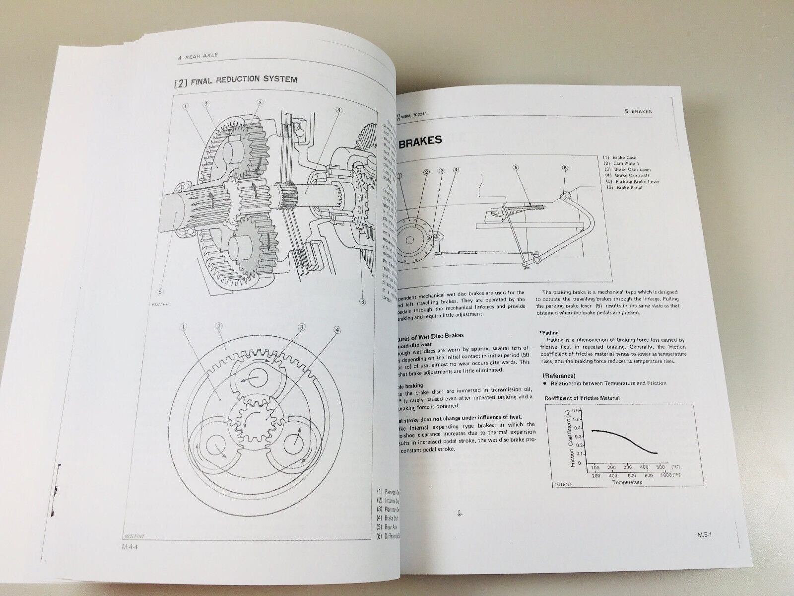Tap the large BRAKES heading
[420, 141]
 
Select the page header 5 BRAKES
[638, 112]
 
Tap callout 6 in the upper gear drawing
[363, 301]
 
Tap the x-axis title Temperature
[628, 482]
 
